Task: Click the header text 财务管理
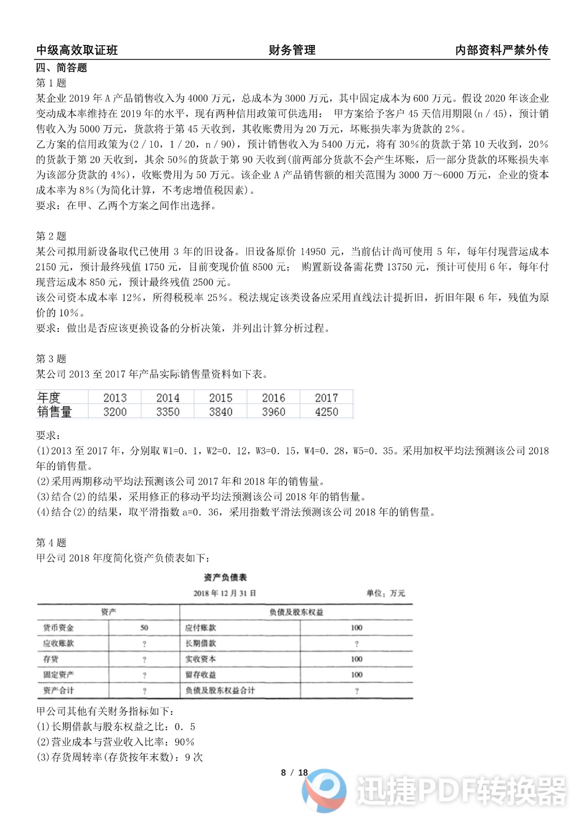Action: click(x=292, y=50)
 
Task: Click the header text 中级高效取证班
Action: click(x=77, y=50)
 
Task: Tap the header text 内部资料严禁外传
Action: click(x=501, y=50)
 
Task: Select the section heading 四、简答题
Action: click(x=61, y=68)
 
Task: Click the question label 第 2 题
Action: click(x=51, y=236)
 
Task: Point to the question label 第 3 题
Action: click(x=51, y=359)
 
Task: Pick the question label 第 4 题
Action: click(x=51, y=543)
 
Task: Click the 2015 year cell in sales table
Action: click(x=220, y=397)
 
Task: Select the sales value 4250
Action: click(x=326, y=412)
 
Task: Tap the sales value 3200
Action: click(x=115, y=412)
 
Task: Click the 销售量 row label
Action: click(x=54, y=412)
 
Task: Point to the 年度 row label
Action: click(x=49, y=397)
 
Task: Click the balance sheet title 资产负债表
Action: click(x=225, y=577)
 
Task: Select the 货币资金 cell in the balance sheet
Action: click(x=58, y=628)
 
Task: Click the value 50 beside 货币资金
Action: click(x=144, y=628)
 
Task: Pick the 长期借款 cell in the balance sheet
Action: click(x=200, y=644)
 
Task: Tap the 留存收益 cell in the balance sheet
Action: click(x=200, y=675)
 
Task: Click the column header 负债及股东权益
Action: click(x=296, y=612)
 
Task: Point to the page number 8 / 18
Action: click(x=294, y=773)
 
